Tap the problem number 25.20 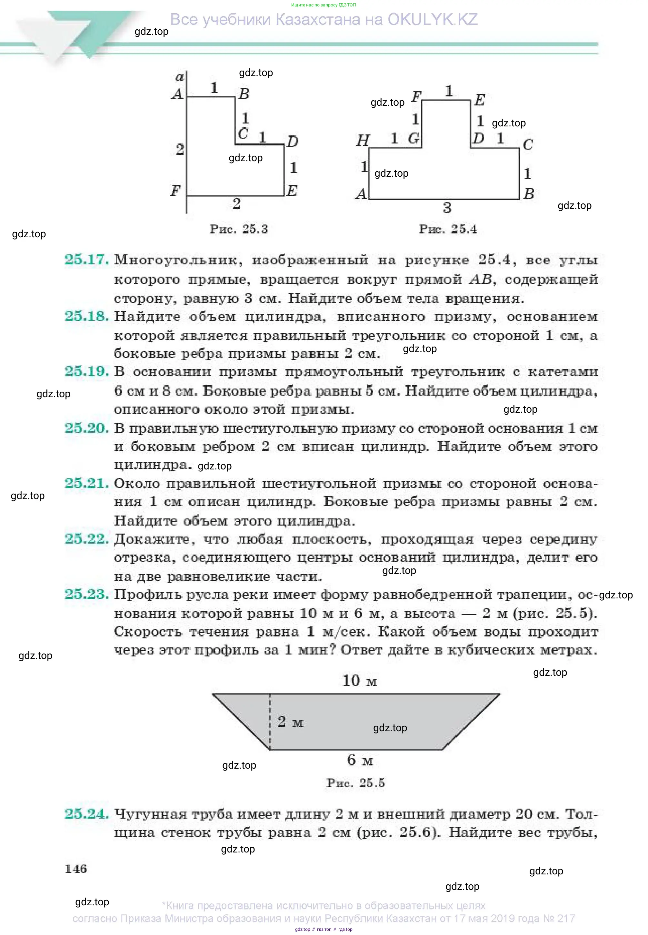click(x=86, y=428)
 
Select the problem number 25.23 click(x=86, y=595)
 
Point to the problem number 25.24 click(x=86, y=814)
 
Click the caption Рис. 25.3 click(x=238, y=229)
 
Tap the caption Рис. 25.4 click(x=447, y=229)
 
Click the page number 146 click(x=75, y=869)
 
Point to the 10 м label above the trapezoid click(x=359, y=681)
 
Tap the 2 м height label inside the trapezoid click(x=290, y=722)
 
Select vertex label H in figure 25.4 click(x=362, y=141)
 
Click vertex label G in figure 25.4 click(x=414, y=139)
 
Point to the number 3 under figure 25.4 click(x=447, y=208)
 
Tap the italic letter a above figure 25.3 click(x=179, y=77)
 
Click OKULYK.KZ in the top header click(x=433, y=19)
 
